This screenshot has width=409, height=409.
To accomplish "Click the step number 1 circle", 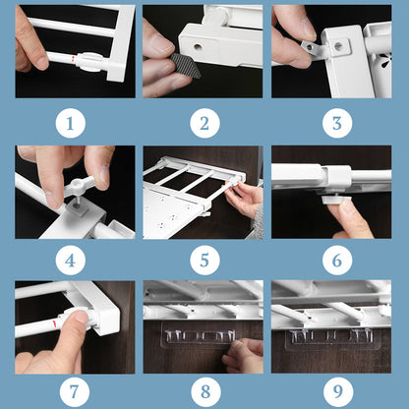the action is [x=71, y=123].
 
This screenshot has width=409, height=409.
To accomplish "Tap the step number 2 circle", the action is [x=204, y=123].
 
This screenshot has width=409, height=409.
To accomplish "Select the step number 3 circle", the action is [x=337, y=123].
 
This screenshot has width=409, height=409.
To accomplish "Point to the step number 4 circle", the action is [x=71, y=261].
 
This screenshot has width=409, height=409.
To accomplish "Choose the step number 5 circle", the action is [x=204, y=261].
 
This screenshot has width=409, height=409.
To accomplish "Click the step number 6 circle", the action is [x=337, y=261].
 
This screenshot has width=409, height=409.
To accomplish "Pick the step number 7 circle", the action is [x=75, y=391].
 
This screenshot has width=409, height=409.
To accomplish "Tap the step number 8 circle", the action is [x=205, y=391].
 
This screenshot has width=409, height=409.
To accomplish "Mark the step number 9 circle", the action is [x=338, y=391].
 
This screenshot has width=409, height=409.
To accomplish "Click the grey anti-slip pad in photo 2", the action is [x=186, y=66].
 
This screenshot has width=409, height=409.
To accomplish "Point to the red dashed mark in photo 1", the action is [x=74, y=59].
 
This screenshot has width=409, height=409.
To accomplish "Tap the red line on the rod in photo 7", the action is [x=55, y=324].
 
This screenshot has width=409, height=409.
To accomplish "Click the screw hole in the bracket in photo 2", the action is [x=198, y=47].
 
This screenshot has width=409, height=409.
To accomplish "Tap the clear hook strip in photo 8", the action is [x=200, y=335].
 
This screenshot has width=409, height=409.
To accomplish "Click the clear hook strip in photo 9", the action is [x=331, y=337].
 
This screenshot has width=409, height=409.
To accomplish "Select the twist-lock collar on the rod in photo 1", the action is [x=88, y=62].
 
